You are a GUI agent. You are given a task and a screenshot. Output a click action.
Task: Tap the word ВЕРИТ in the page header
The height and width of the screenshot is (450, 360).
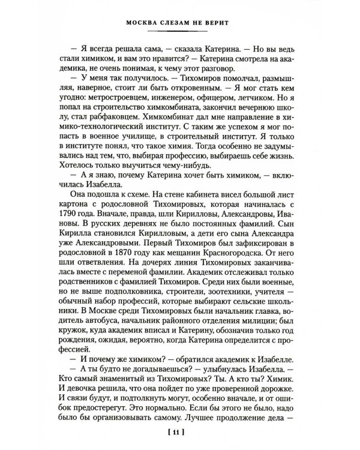pos(217,25)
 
